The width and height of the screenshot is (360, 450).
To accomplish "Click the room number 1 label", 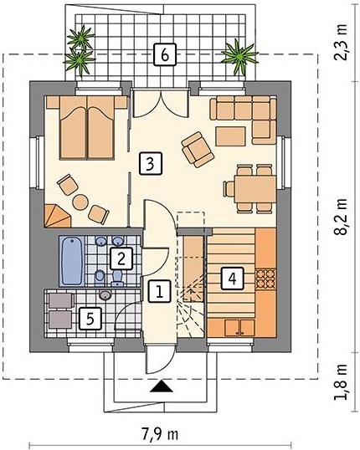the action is (x=159, y=291).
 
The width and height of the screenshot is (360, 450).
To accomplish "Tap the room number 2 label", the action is (x=121, y=258).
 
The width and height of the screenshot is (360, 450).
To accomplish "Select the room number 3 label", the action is (x=151, y=164).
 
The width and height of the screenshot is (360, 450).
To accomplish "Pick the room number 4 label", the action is (x=233, y=278).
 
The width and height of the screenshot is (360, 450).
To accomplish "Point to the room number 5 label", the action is (x=90, y=319).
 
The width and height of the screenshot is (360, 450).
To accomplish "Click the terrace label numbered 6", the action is (x=164, y=54).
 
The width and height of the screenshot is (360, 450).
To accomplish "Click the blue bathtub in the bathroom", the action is (x=72, y=261).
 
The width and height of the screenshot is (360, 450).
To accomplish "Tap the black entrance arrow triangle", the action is (x=162, y=386).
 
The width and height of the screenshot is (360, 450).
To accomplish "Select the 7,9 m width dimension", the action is (x=160, y=434).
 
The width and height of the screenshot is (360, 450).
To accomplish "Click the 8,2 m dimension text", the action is (x=341, y=217).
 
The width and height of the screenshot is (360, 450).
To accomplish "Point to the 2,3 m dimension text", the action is (x=341, y=42).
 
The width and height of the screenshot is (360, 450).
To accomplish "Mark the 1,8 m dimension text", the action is (x=341, y=382).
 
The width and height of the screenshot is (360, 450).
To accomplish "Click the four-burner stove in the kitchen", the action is (x=265, y=279).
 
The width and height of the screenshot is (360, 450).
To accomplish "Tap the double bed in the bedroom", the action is (x=87, y=128).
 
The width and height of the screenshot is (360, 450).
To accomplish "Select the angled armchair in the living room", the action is (x=198, y=149).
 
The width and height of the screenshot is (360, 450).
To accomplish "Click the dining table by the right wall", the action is (x=255, y=189).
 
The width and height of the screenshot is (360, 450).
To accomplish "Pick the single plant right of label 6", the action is (x=239, y=56).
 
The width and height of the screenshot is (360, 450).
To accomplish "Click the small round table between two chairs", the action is (x=80, y=202).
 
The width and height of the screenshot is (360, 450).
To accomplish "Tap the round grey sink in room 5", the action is (x=105, y=295).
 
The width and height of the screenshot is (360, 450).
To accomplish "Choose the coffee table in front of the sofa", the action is (x=231, y=136).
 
